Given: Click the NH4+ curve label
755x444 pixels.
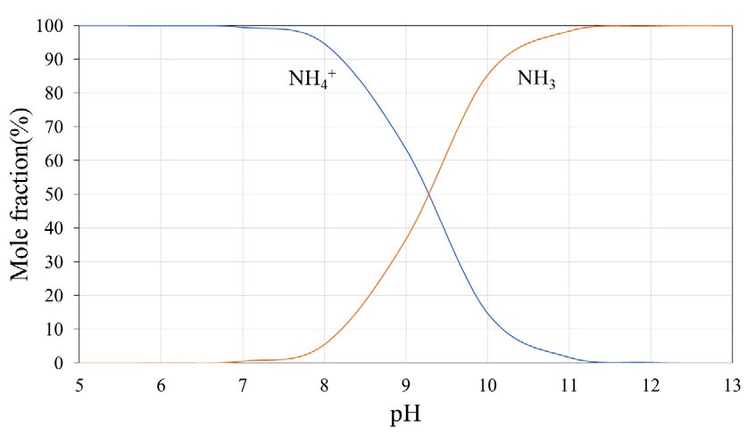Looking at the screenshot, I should pyautogui.click(x=311, y=78).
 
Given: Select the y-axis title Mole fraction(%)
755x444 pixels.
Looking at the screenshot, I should pyautogui.click(x=24, y=194).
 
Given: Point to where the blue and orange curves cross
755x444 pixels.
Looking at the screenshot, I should pyautogui.click(x=430, y=193).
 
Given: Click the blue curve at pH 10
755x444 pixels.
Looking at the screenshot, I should pyautogui.click(x=487, y=312).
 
